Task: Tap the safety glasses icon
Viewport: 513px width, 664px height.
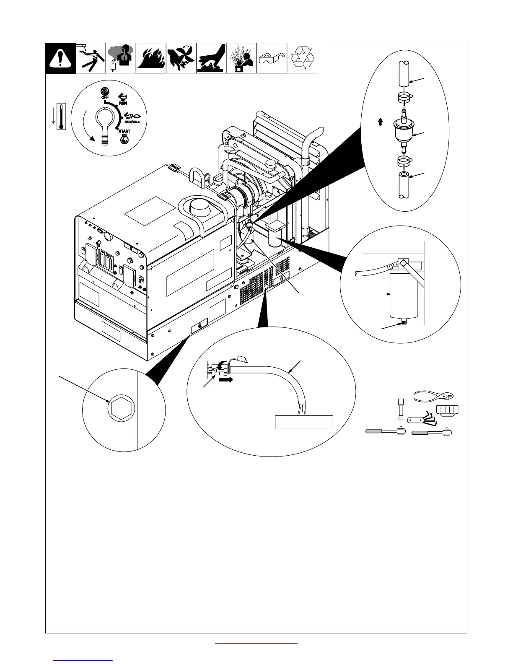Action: (x=272, y=59)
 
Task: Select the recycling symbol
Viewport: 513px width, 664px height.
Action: (x=302, y=58)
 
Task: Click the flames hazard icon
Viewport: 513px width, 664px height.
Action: (x=151, y=58)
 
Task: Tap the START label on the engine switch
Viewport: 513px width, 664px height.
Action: (x=124, y=131)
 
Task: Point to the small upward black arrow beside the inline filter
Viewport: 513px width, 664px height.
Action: (x=380, y=122)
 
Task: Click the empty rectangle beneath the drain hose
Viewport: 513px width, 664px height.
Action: (x=303, y=422)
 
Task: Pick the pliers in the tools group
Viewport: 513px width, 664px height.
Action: (x=434, y=395)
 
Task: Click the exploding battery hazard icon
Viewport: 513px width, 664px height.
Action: (x=241, y=58)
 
